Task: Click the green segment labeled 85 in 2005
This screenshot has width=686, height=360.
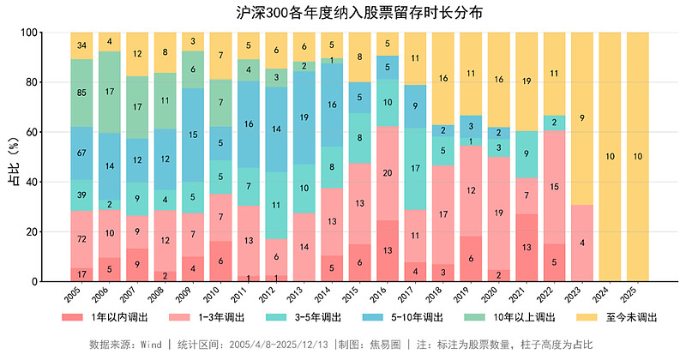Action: (81, 93)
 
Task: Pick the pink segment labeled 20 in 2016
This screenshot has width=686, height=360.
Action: (388, 173)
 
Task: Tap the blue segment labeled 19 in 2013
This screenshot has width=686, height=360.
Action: (304, 117)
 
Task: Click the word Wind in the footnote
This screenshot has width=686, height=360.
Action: (151, 345)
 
